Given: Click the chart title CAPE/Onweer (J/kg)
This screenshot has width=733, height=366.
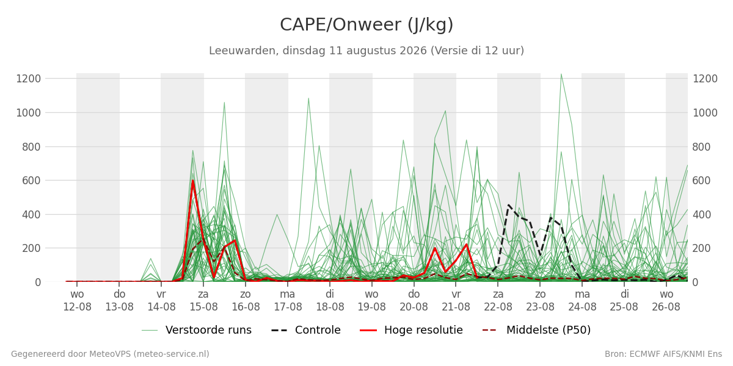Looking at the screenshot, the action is [x=366, y=25].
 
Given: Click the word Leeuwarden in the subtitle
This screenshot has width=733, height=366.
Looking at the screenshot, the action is [x=244, y=51].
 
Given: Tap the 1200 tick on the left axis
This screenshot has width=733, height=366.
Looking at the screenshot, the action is [x=29, y=79].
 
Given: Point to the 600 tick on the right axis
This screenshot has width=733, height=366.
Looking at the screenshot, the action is [x=701, y=181].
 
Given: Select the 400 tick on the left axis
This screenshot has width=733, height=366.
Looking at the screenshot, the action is [x=31, y=215].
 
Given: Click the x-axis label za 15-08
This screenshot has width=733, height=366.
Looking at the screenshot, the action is [x=203, y=301].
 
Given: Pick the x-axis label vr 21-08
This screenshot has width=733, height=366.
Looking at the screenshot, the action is [x=456, y=301].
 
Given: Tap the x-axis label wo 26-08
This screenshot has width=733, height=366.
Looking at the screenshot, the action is [x=666, y=301].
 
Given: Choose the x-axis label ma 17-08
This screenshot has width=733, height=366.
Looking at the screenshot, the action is [x=288, y=301].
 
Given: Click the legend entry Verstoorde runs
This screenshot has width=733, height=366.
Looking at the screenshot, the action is [x=197, y=330].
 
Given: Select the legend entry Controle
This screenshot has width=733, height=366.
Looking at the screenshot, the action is [x=306, y=330].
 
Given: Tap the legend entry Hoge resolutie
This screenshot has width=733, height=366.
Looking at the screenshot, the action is [x=411, y=330].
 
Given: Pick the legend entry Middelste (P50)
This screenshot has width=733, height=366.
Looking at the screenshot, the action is [x=537, y=330].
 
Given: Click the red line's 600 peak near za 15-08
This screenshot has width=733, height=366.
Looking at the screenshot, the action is [x=193, y=181].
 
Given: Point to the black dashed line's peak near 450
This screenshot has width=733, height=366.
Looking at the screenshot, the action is [x=508, y=205].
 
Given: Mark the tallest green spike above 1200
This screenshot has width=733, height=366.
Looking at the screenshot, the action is [x=561, y=74].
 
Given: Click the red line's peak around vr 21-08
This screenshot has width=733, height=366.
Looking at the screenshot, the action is [x=466, y=245].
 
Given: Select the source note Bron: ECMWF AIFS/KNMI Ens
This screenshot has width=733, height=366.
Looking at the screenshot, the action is [x=663, y=354].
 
